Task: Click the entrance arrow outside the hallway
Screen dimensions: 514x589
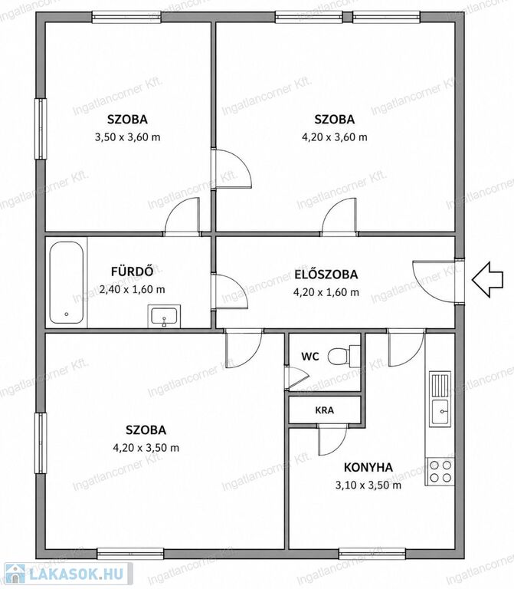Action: click(x=487, y=280)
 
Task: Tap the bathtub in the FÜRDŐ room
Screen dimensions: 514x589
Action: click(x=67, y=282)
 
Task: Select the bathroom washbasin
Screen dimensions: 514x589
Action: click(x=164, y=316)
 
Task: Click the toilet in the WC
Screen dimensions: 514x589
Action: click(x=343, y=355)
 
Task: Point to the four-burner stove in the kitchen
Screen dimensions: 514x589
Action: click(x=440, y=472)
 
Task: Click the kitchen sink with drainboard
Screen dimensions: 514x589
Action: click(x=440, y=399)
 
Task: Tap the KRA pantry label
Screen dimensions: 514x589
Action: click(x=325, y=410)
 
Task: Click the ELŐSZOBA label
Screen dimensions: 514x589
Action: click(x=326, y=275)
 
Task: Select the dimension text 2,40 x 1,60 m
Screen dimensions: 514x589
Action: click(x=132, y=290)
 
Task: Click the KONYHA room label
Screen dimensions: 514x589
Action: click(x=368, y=468)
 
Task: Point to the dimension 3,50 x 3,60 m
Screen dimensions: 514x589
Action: click(x=128, y=137)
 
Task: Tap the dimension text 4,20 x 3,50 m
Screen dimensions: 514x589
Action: click(x=146, y=448)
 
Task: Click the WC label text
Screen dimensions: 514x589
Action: click(x=310, y=357)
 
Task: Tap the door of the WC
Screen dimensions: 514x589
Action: click(x=296, y=377)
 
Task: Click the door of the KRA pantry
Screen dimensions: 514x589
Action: click(x=332, y=441)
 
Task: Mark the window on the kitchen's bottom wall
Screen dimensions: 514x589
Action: click(x=373, y=554)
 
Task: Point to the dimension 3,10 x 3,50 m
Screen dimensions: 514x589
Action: click(x=368, y=485)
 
